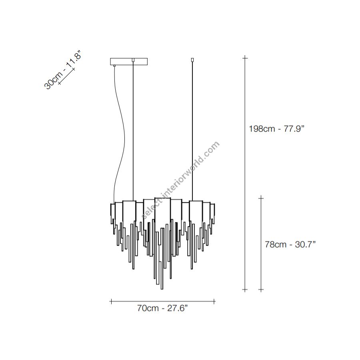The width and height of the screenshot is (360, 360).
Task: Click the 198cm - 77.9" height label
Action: (276, 128)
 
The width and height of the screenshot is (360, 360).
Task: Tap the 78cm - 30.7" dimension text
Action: (290, 244)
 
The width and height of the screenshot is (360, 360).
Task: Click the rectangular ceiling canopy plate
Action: (129, 62)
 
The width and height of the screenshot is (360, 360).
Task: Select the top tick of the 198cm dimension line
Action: (245, 58)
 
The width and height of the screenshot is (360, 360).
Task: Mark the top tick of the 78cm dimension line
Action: (261, 198)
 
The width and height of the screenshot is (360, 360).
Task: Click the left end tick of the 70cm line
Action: (111, 302)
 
